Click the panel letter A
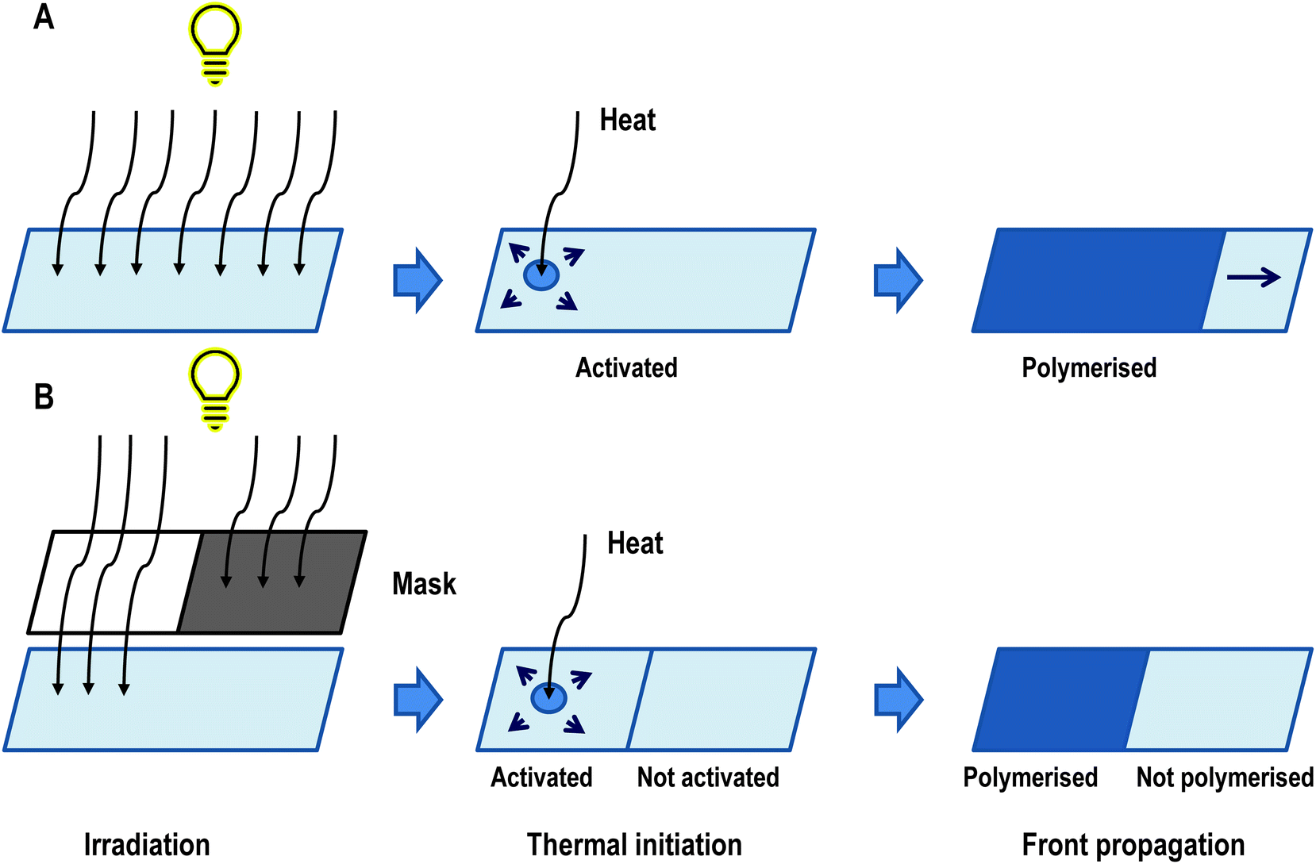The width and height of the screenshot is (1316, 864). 44,17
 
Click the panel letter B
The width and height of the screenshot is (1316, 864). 44,397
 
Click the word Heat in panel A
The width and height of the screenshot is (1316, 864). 627,121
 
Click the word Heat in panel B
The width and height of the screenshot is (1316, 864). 635,543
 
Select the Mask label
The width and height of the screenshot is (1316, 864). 424,585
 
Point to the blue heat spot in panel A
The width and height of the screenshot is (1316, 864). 541,275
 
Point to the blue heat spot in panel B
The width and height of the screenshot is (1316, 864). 548,698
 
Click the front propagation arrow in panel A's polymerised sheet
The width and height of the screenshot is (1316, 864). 1254,277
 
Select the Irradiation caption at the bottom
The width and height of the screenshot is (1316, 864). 147,845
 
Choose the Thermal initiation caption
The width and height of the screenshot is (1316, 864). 634,845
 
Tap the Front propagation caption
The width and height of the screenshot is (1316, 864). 1133,845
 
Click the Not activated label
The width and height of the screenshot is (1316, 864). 708,778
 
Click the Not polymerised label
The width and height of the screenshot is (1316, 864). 1225,778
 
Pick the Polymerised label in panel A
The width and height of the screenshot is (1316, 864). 1089,368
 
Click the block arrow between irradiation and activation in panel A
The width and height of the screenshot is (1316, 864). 418,280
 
